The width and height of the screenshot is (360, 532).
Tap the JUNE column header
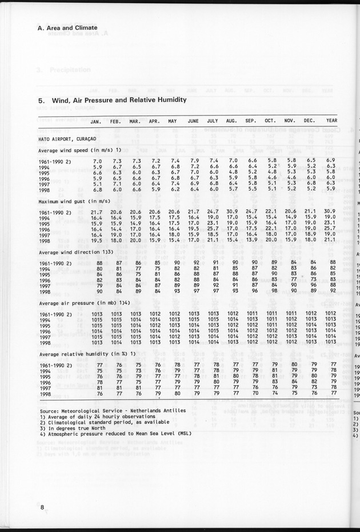click(x=193, y=121)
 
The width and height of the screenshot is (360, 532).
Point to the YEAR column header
click(x=331, y=121)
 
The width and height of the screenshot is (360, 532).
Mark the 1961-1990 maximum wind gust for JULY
click(x=213, y=213)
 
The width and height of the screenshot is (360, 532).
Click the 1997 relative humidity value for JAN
click(x=99, y=387)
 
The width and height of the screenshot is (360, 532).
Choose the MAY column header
click(x=172, y=121)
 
